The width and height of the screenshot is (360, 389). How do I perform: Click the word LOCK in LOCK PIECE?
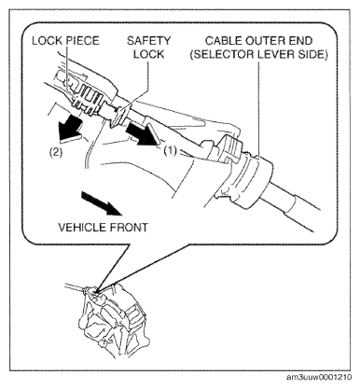coord(48,41)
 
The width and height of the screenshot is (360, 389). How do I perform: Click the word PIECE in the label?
coord(82,41)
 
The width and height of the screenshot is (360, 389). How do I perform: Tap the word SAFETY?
coord(148,41)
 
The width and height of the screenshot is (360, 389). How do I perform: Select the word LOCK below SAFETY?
coord(148,54)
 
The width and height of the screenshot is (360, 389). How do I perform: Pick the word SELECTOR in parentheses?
coord(223,55)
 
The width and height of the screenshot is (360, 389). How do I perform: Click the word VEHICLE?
coord(83,228)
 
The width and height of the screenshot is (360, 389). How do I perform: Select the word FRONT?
coord(129,228)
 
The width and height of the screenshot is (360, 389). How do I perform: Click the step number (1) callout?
coord(170,151)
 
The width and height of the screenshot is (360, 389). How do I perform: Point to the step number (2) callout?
coord(56,152)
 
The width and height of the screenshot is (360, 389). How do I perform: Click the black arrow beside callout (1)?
coord(144,133)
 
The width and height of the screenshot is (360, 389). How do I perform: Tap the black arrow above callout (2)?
coord(69,129)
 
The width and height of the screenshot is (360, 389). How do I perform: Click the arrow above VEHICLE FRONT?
coord(101,203)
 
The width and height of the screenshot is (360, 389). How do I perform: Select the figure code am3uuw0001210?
coord(319,377)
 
